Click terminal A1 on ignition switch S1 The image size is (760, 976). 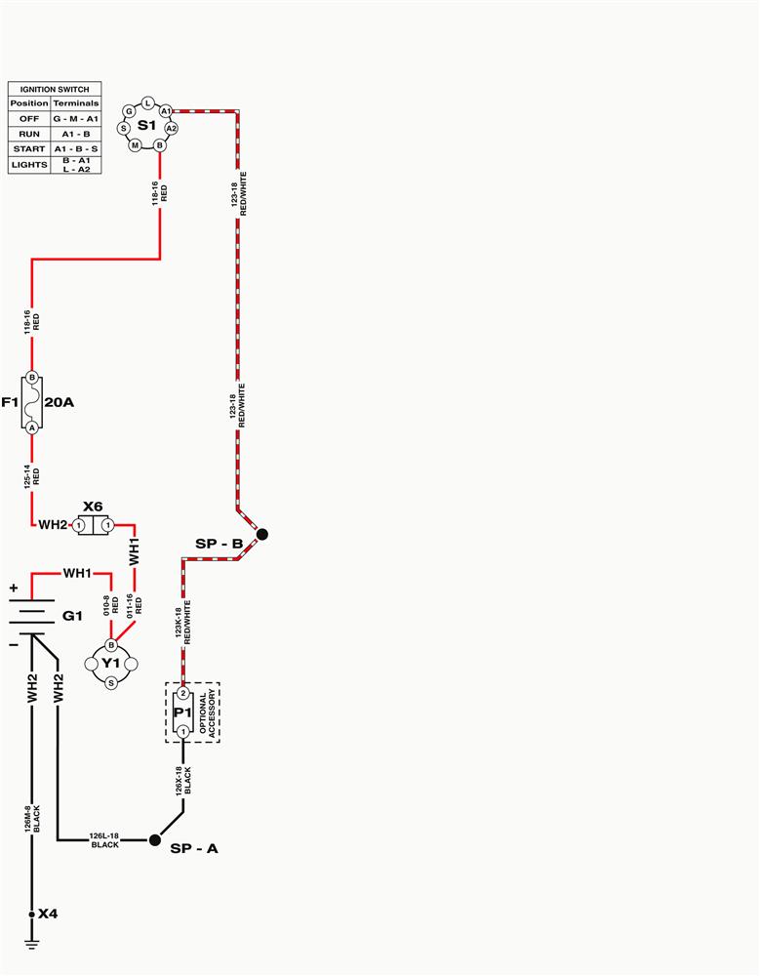166,111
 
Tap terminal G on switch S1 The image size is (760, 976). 129,111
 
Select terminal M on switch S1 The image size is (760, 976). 135,145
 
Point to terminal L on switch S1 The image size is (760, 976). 147,102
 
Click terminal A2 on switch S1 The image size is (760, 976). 171,128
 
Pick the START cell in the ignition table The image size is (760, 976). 29,149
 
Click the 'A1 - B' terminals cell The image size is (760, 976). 76,134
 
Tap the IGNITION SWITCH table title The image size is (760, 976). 55,89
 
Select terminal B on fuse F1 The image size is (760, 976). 32,377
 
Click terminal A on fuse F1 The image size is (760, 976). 32,427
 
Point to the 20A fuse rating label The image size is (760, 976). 60,402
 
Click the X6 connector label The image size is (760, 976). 93,507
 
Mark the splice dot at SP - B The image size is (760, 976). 262,534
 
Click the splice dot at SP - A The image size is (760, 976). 155,840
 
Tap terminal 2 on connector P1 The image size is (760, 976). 183,693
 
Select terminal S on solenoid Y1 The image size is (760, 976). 111,683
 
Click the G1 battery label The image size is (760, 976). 72,616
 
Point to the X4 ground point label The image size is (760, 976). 48,914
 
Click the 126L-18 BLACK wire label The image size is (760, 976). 104,840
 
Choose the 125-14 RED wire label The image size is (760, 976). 32,476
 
